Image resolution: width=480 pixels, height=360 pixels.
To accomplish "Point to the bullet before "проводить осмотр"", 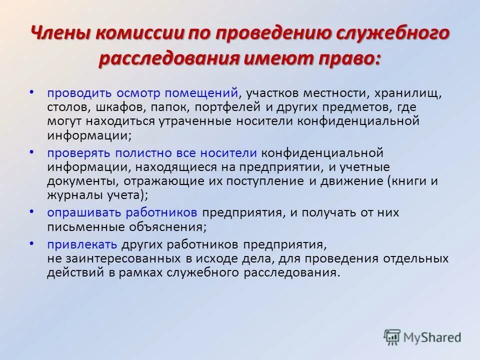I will click(x=32, y=92).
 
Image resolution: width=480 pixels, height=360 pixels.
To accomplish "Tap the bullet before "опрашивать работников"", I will click(x=32, y=211).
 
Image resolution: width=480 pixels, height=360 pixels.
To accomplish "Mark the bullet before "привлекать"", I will click(x=32, y=243).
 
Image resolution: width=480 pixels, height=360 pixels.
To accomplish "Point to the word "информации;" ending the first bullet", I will click(x=90, y=135).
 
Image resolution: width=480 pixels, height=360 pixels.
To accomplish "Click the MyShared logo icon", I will click(x=392, y=336).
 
